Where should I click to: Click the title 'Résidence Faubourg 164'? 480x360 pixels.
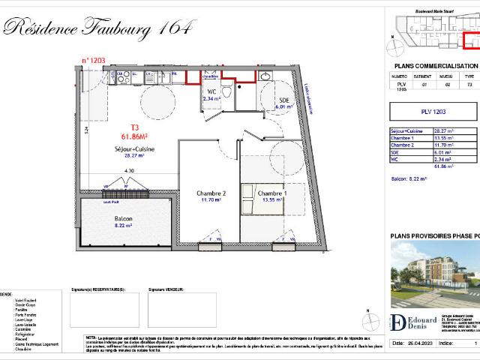pos(97,28)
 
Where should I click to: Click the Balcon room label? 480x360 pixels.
pos(123,219)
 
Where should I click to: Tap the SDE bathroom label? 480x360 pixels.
pos(283,101)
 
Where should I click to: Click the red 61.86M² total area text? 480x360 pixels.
pos(135,136)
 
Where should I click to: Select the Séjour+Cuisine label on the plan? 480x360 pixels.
pos(134,151)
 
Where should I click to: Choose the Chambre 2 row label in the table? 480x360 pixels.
pos(405,145)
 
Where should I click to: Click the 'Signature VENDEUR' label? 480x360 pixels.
pos(166,288)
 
